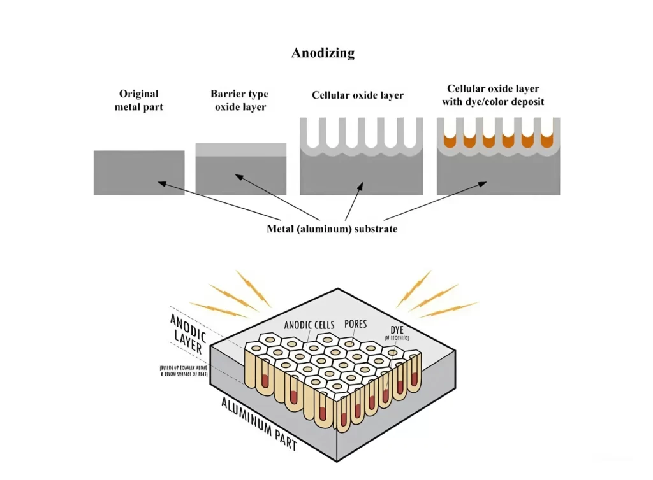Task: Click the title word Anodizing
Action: pyautogui.click(x=323, y=53)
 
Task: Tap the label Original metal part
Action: pyautogui.click(x=138, y=101)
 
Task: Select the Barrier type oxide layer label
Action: pyautogui.click(x=240, y=101)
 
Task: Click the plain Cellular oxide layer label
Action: pyautogui.click(x=358, y=95)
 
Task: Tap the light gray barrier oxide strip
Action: pyautogui.click(x=240, y=150)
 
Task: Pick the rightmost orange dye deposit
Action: pyautogui.click(x=547, y=140)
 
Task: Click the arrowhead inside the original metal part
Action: pyautogui.click(x=161, y=183)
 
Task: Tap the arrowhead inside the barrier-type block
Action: pyautogui.click(x=237, y=176)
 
